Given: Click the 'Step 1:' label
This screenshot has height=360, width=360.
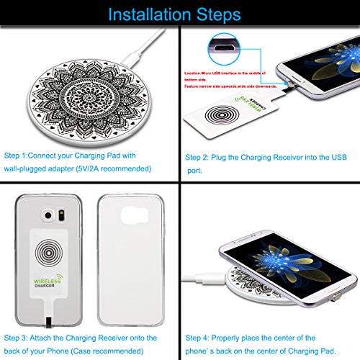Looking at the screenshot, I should (x=19, y=156).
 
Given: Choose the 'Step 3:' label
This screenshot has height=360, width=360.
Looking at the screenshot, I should (x=19, y=318).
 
